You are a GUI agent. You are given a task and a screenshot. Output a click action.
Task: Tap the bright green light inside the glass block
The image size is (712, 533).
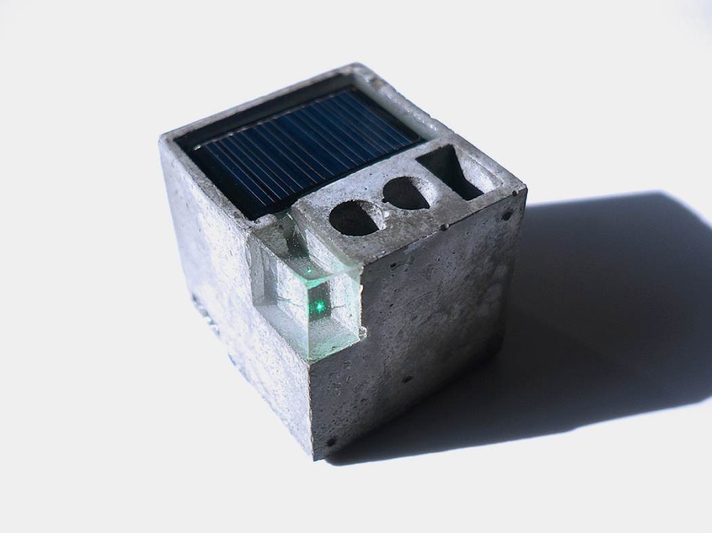pos(320,307)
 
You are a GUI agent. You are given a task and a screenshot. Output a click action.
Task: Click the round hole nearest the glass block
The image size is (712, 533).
pos(354,218)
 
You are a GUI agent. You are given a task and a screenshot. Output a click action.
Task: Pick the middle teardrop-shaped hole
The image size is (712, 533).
pos(406,193)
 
